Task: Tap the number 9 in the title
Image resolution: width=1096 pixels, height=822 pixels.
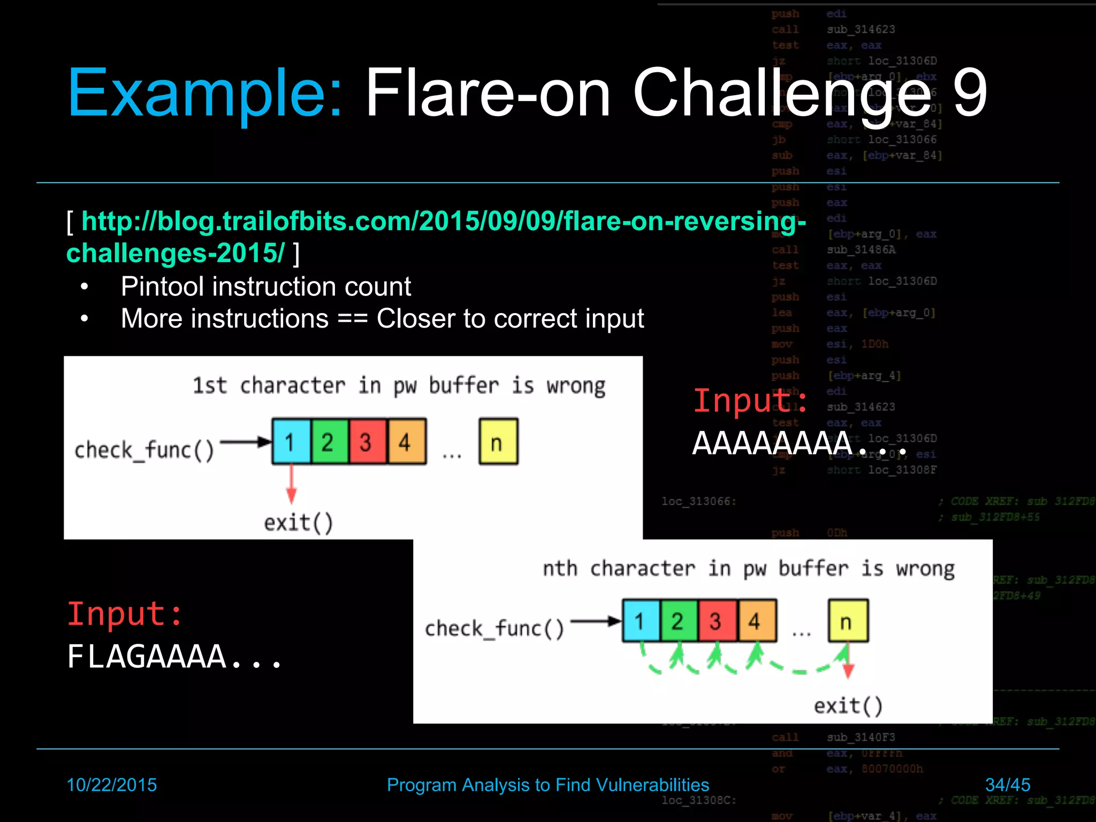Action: [x=970, y=94]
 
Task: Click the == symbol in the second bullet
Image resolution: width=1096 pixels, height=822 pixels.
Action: [x=352, y=319]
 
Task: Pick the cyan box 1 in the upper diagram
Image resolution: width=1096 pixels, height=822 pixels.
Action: [x=291, y=442]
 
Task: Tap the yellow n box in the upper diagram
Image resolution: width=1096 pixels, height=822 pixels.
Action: [x=498, y=442]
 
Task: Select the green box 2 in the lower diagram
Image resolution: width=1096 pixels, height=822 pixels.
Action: [x=679, y=621]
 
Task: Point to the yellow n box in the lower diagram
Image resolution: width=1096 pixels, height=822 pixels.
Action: [x=848, y=621]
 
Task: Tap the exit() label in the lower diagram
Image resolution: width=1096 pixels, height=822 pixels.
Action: [x=848, y=706]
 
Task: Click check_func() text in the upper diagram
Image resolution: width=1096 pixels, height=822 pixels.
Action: [x=144, y=450]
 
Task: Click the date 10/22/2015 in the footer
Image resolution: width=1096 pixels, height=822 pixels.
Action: [x=111, y=785]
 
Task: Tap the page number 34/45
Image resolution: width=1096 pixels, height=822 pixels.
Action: [x=1007, y=785]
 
